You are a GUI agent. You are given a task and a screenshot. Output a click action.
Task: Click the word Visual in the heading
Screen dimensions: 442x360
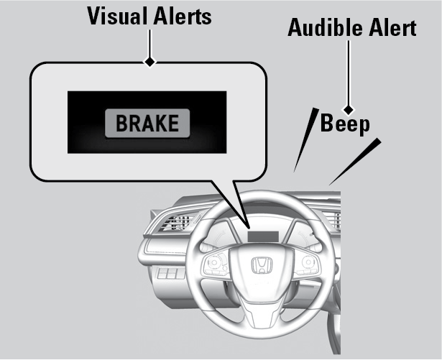coord(119,16)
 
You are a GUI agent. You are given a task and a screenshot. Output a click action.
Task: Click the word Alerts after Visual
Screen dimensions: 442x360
coord(183,16)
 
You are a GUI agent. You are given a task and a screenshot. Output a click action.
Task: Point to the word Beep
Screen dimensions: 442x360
coord(345,124)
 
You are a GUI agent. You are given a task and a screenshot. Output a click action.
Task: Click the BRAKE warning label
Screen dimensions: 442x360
coord(147,123)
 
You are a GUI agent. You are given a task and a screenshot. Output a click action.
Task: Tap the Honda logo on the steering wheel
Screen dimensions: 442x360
coord(262,265)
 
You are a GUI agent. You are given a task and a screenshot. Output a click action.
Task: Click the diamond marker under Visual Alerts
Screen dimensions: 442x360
coord(149,62)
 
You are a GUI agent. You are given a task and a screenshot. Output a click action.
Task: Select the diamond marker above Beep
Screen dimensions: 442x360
coord(349,109)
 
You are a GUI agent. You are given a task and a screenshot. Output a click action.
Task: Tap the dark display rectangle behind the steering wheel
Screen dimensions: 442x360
coord(263,236)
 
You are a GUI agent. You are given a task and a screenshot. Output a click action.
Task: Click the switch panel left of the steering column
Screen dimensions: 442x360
coord(170,273)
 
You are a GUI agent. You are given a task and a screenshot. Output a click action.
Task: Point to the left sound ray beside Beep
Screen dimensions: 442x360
coord(306,139)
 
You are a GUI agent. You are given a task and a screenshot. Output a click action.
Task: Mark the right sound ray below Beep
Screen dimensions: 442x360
coord(355,162)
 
